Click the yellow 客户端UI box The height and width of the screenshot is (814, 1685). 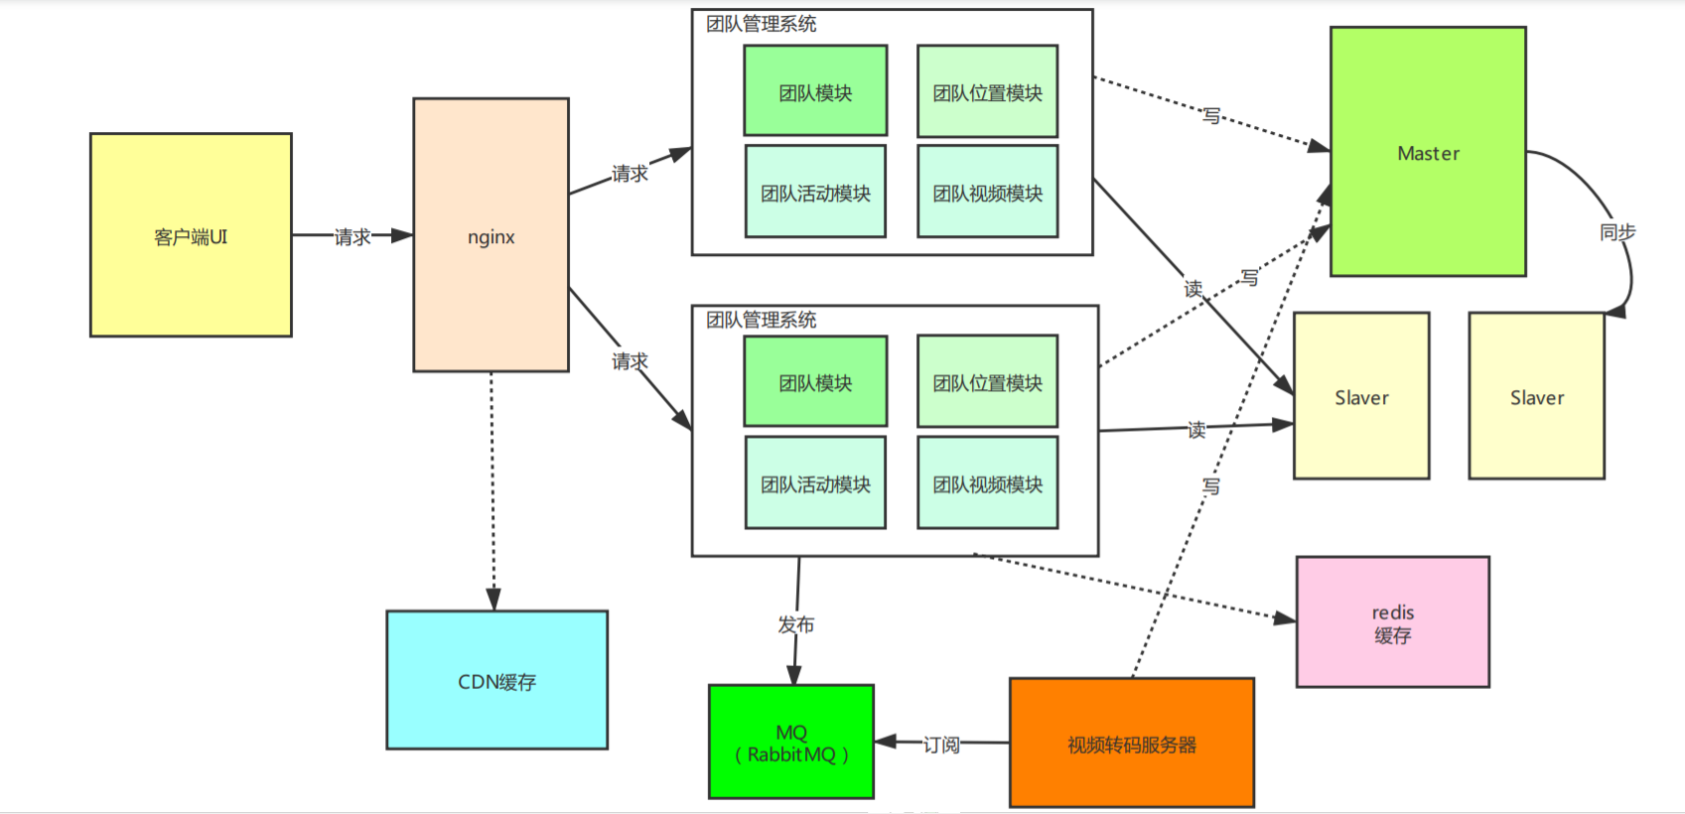coord(191,235)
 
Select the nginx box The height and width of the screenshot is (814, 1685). coord(491,235)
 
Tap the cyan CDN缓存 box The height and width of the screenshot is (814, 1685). coord(496,680)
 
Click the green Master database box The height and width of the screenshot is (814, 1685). coord(1427,152)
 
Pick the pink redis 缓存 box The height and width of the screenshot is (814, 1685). coord(1392,622)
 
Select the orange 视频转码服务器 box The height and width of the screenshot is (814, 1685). coord(1131,743)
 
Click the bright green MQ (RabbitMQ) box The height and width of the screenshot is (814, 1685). coord(790,742)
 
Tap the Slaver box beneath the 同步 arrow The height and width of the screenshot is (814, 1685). coord(1536,397)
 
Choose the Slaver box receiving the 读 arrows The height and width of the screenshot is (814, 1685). coord(1360,397)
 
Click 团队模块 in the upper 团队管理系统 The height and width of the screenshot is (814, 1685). coord(815,91)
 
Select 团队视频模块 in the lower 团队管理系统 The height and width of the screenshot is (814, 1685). coord(987,483)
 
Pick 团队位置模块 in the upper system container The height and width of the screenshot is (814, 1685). coord(987,91)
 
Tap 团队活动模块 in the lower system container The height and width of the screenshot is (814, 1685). coord(815,483)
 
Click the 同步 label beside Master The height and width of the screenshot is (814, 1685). coord(1616,231)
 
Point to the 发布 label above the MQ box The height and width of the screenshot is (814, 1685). coord(795,624)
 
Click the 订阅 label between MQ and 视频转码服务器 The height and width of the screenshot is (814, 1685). coord(940,745)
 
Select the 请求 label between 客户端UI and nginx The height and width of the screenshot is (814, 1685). coord(351,236)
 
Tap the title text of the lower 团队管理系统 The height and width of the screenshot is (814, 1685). coord(761,320)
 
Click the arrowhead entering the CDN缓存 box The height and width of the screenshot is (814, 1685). coord(493,599)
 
